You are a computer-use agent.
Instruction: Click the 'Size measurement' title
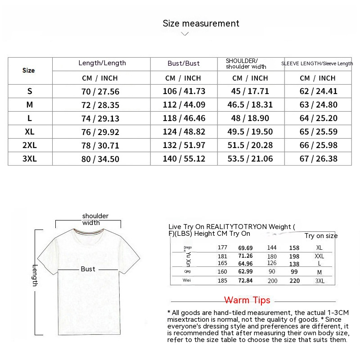tap(201, 23)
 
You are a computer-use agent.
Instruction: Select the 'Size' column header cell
tap(29, 71)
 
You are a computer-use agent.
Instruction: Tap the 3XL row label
tap(30, 159)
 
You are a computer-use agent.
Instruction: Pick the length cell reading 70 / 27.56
tap(100, 91)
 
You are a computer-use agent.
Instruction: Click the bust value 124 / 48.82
tap(184, 132)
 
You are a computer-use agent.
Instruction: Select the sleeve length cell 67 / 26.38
tap(318, 159)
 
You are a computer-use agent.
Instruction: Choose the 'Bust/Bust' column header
tap(184, 63)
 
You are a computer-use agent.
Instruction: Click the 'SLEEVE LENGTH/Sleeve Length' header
tap(317, 64)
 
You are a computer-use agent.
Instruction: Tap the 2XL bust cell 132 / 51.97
tap(184, 145)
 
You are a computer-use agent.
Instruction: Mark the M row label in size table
tap(30, 105)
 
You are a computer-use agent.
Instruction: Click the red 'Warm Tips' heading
tap(247, 300)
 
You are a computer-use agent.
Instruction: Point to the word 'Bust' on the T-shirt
tap(88, 269)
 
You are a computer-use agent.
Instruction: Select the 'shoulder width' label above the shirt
tap(95, 219)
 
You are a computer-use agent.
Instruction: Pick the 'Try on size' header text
tap(321, 236)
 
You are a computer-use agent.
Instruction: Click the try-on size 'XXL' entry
tap(319, 256)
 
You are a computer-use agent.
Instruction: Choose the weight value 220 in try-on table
tap(294, 280)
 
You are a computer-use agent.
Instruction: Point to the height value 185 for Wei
tap(222, 280)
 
